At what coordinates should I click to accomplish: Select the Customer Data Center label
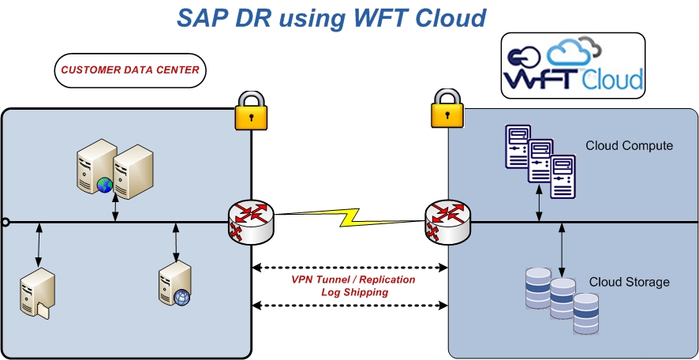130,70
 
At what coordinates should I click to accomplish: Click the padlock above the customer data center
252,110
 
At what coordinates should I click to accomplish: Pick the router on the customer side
250,220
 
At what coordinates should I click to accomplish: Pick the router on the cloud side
447,220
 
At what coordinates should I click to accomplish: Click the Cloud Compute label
629,146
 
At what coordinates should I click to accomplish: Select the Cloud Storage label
629,282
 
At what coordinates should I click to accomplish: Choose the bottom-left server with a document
37,291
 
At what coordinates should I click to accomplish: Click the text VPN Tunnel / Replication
352,279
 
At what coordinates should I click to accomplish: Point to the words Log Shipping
354,292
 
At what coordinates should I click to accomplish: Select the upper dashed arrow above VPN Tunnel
349,268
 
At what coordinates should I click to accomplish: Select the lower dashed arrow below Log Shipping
349,306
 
